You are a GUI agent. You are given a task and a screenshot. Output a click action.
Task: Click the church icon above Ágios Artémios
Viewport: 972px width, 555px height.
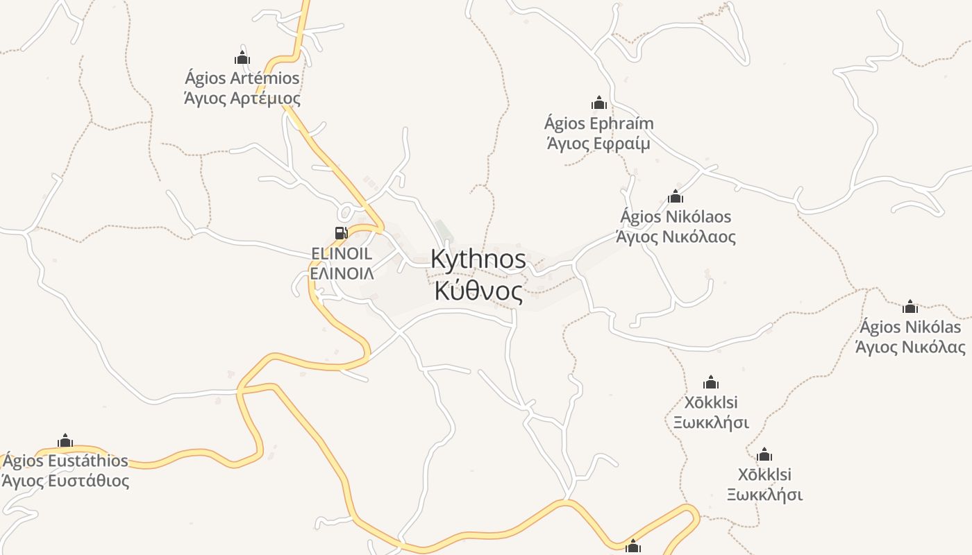coord(242,58)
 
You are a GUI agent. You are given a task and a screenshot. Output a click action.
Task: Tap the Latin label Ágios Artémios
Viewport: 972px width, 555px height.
coord(242,78)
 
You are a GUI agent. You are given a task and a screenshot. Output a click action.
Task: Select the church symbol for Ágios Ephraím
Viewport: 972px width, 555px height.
coord(599,103)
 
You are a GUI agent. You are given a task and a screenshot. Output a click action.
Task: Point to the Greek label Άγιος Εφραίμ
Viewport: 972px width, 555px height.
coord(598,144)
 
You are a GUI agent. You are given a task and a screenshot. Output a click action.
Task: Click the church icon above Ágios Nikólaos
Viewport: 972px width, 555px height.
coord(676,196)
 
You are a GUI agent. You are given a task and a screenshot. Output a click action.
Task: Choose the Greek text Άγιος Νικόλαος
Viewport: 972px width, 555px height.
coord(676,237)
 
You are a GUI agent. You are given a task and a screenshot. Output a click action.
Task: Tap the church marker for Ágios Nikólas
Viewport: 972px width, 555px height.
coord(910,307)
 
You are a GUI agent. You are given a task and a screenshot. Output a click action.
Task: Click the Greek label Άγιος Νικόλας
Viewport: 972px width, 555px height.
coord(910,348)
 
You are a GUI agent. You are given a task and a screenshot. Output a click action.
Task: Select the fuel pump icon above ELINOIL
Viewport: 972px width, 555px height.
coord(341,233)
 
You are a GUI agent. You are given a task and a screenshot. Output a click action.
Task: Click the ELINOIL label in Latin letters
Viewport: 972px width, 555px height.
coord(342,254)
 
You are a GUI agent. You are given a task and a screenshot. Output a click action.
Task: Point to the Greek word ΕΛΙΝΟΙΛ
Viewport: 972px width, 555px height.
coord(342,273)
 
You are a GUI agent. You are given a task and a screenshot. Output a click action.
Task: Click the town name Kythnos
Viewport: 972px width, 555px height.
coord(478,259)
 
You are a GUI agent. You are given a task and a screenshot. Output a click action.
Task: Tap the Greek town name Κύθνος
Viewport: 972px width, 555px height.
coord(478,292)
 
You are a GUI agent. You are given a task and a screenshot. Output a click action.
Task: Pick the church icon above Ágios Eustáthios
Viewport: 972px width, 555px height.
coord(65,441)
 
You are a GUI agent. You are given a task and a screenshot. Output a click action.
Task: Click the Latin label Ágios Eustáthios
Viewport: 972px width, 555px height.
coord(65,461)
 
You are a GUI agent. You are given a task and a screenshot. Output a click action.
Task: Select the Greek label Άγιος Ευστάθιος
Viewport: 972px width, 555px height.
coord(65,481)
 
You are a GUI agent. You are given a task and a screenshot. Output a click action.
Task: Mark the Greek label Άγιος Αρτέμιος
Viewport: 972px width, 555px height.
coord(242,99)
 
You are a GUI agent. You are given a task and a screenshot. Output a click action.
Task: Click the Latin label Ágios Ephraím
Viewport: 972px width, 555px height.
coord(598,124)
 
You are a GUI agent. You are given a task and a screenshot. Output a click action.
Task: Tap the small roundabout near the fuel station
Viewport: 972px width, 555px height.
coord(346,211)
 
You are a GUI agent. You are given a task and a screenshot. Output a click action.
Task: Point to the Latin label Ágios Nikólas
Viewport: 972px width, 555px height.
coord(910,327)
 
